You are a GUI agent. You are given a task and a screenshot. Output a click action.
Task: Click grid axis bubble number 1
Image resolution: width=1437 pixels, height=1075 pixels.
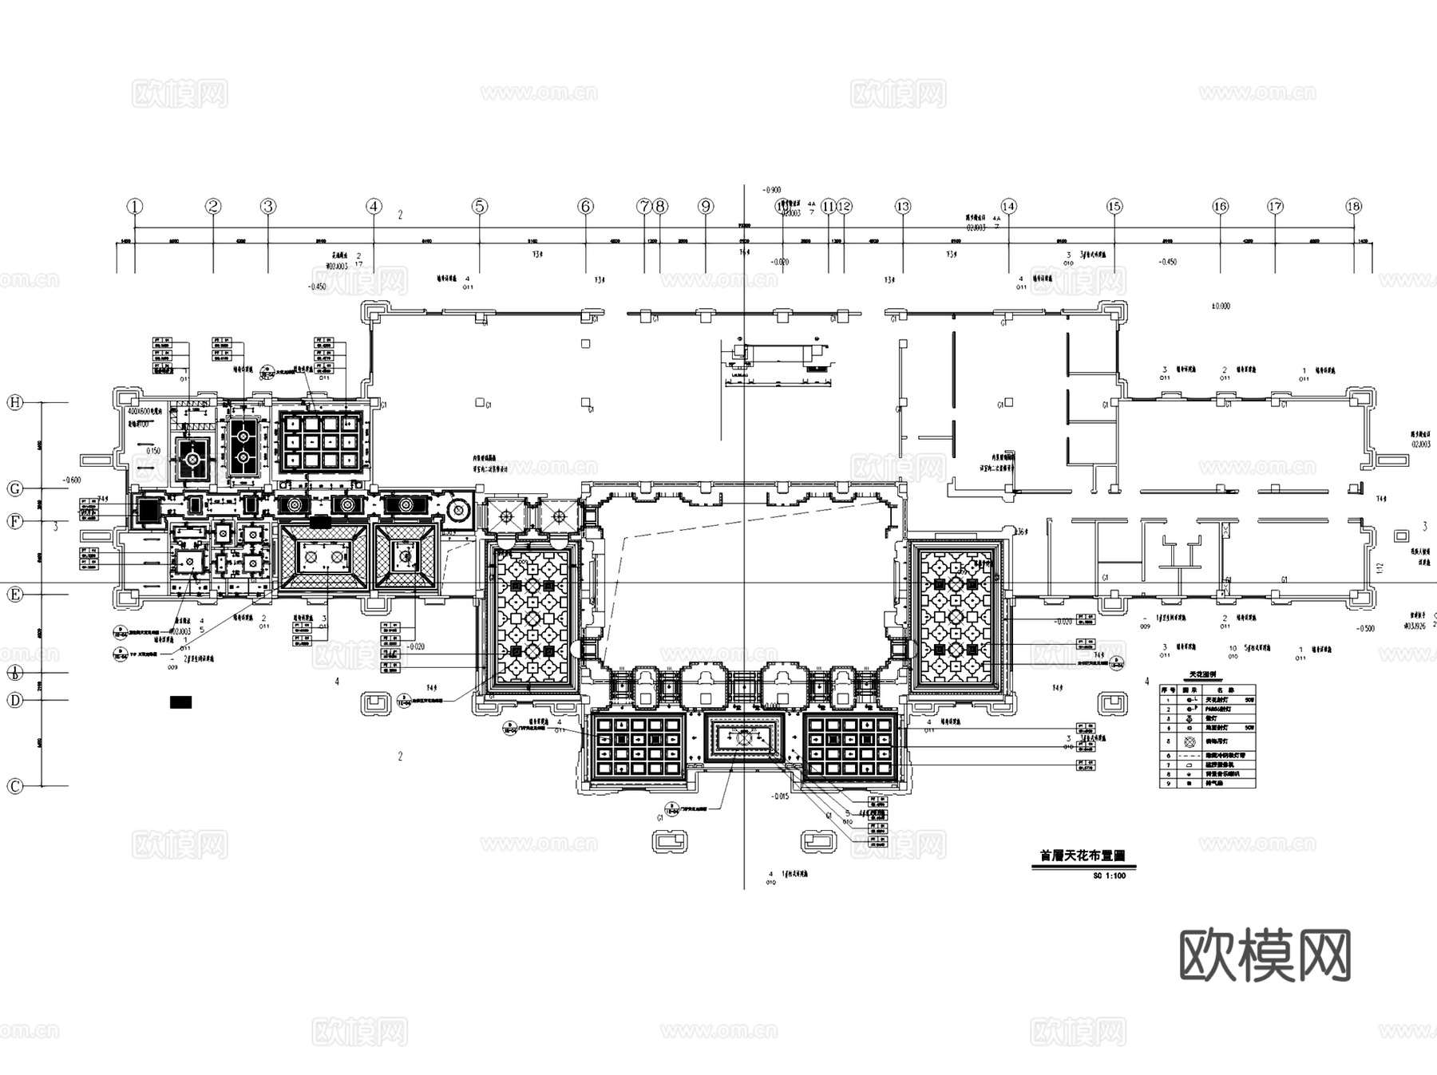(x=135, y=207)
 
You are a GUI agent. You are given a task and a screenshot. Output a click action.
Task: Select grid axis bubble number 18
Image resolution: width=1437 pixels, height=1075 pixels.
(x=1353, y=207)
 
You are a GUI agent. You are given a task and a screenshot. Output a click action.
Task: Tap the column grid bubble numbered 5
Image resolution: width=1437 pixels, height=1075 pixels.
(x=479, y=207)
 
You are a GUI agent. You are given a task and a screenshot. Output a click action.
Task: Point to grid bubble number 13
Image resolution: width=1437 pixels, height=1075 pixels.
(x=902, y=207)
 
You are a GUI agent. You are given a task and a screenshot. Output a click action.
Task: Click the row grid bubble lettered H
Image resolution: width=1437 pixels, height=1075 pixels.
(x=14, y=403)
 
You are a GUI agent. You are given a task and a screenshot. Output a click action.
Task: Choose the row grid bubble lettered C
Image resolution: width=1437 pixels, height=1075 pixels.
(x=14, y=786)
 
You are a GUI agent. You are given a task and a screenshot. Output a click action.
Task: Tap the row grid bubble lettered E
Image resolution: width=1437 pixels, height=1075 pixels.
(x=14, y=595)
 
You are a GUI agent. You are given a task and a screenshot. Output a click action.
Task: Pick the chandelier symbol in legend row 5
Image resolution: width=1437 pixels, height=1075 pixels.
(x=1190, y=741)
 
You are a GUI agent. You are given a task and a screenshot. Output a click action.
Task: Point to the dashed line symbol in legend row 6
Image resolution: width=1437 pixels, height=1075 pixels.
(x=1190, y=755)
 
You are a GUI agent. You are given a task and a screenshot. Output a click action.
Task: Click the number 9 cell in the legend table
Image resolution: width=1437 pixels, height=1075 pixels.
(x=1168, y=784)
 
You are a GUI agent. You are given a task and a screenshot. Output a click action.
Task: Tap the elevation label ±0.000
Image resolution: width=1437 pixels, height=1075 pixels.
(x=1221, y=306)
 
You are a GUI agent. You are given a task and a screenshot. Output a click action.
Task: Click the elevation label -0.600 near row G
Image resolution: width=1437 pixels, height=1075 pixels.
(x=71, y=480)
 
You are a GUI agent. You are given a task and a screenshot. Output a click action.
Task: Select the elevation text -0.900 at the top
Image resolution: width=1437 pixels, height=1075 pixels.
(x=771, y=190)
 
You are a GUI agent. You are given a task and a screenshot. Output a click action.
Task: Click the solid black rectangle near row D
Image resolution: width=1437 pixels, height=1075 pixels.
(x=181, y=702)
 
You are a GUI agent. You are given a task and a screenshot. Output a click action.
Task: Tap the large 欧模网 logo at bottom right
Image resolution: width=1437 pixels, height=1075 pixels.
(x=1265, y=955)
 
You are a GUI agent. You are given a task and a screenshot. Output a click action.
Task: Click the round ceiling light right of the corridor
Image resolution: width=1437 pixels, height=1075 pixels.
(x=458, y=509)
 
